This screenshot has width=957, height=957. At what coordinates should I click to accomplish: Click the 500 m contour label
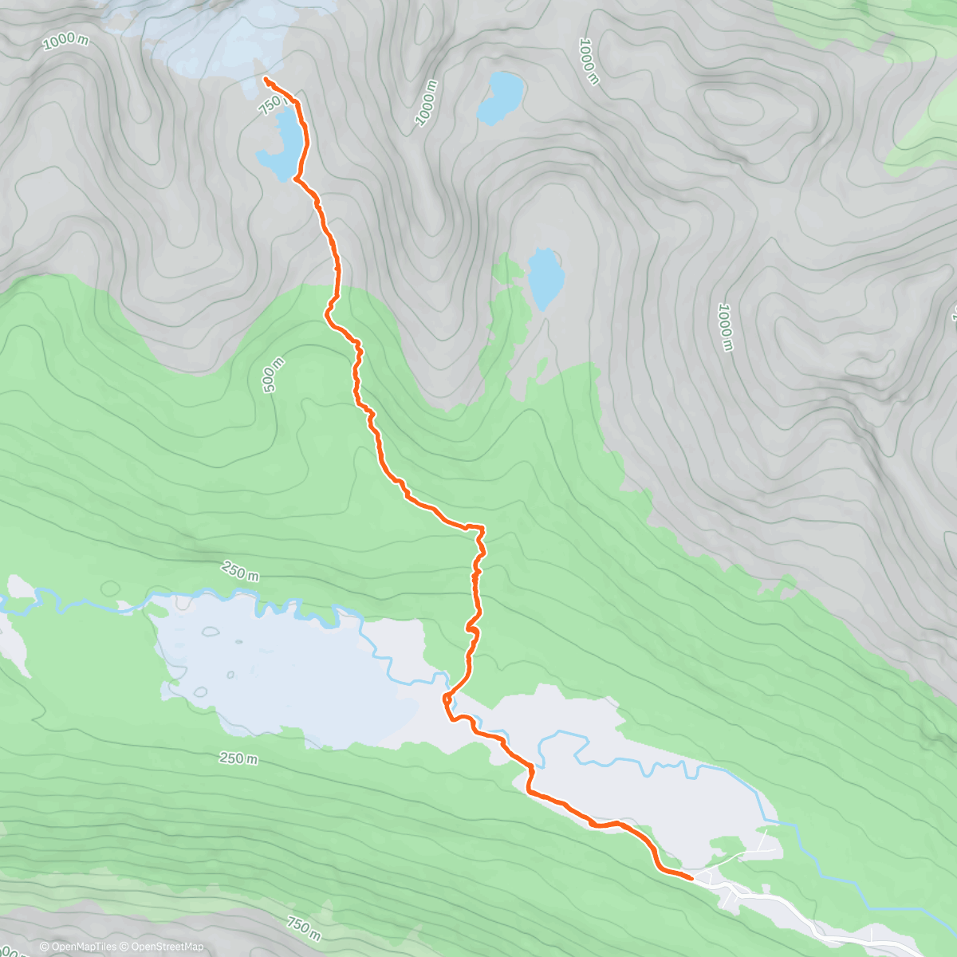pos(272,374)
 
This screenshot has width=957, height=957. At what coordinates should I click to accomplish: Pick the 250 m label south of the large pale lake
pos(238,758)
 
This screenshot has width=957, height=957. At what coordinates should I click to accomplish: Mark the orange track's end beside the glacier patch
pos(265,78)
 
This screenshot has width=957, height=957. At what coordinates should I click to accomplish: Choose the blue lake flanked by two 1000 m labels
pos(501,97)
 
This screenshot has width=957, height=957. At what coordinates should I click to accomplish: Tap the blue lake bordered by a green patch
pos(545,278)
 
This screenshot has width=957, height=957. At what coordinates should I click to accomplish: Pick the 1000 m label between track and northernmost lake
pos(427,103)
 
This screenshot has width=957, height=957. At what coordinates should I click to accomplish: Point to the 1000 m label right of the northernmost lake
pos(589,61)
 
